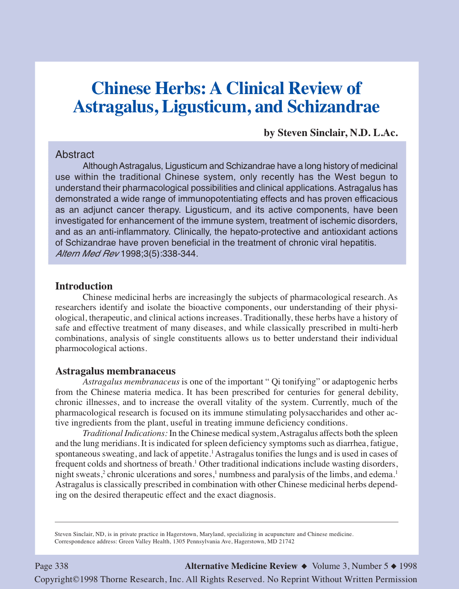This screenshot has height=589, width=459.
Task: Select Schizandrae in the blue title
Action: pos(333,106)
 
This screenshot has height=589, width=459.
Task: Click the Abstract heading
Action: pos(74,154)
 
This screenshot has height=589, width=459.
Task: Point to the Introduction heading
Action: pos(84,286)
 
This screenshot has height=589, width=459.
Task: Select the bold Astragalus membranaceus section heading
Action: pos(115,371)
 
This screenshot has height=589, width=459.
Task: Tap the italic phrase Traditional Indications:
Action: pos(125,433)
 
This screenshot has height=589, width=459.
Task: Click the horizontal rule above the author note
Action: pos(227,521)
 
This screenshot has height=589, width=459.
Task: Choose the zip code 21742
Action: pos(287,542)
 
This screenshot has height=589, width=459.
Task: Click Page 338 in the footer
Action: pos(52,566)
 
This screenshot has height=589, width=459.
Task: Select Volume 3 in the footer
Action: pos(330,566)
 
